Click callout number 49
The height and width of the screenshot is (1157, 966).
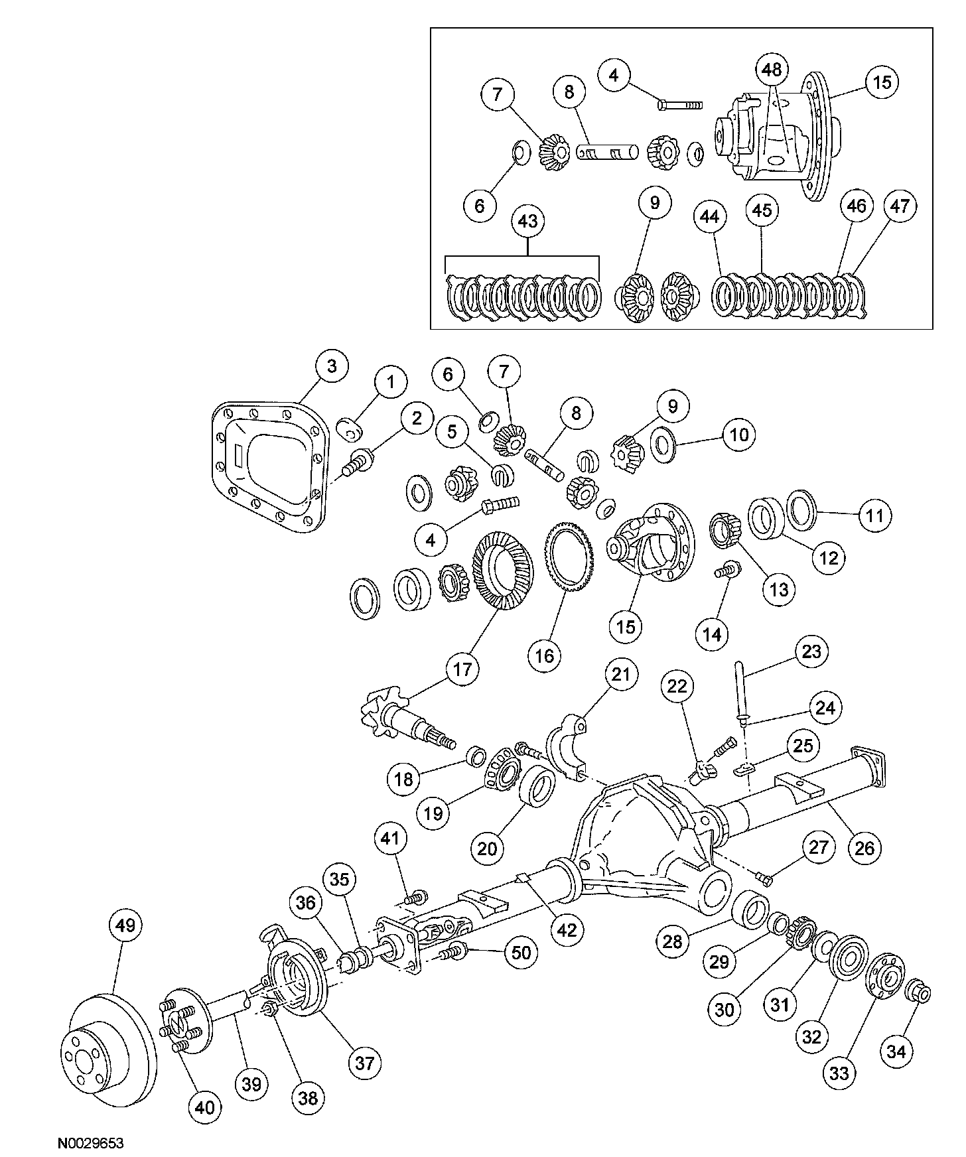pyautogui.click(x=125, y=925)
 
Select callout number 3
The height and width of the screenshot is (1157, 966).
pyautogui.click(x=331, y=366)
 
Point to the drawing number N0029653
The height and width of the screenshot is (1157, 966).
pyautogui.click(x=90, y=1143)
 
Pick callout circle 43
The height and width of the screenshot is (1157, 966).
pyautogui.click(x=527, y=221)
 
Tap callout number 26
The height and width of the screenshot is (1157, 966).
pyautogui.click(x=864, y=847)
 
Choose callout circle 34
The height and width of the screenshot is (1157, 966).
pyautogui.click(x=896, y=1051)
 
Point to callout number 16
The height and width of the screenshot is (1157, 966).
pyautogui.click(x=544, y=655)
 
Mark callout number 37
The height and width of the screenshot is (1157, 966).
pyautogui.click(x=364, y=1063)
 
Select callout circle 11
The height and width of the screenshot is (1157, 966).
pyautogui.click(x=874, y=515)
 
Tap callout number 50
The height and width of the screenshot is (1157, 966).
pyautogui.click(x=521, y=953)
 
